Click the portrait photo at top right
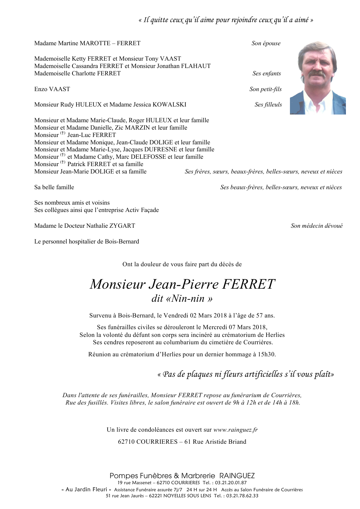(x=317, y=78)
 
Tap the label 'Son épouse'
(x=266, y=43)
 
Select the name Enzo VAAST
(x=52, y=89)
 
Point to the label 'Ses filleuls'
(x=268, y=104)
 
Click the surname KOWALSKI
(x=169, y=104)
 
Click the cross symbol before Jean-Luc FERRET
(x=63, y=134)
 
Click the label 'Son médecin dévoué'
(x=316, y=226)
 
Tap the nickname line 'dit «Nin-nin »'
(x=182, y=298)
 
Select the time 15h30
(x=266, y=354)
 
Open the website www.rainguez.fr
(x=235, y=430)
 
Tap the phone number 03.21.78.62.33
(x=241, y=496)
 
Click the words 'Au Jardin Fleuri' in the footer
(x=86, y=489)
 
